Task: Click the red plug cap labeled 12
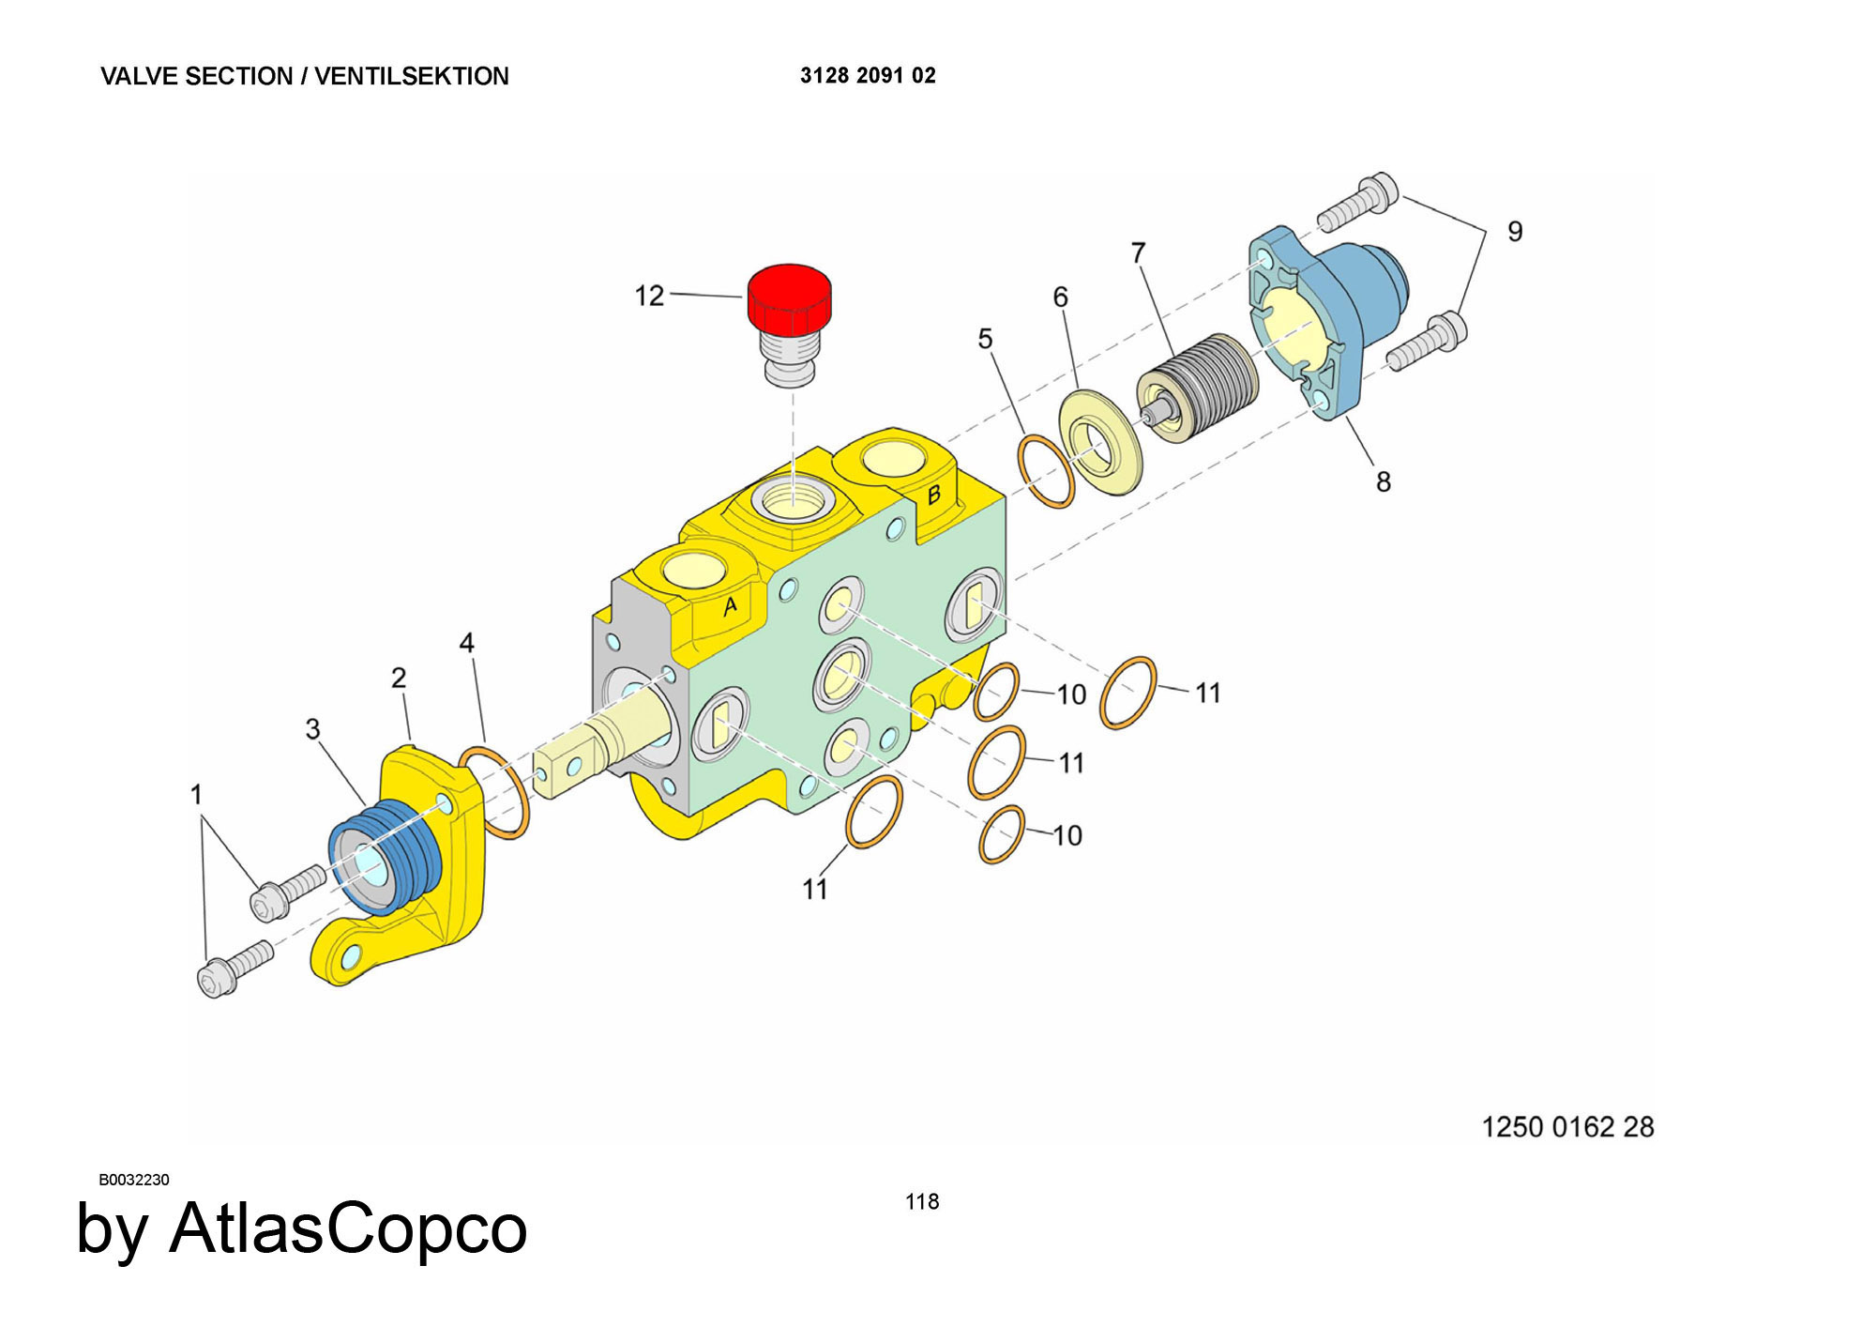pos(789,295)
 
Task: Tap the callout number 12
pos(649,297)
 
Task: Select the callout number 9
pos(1515,232)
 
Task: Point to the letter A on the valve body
pos(730,606)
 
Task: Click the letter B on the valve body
pos(933,495)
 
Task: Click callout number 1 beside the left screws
pos(196,795)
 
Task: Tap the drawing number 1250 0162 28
pos(1567,1127)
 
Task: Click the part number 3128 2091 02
pos(868,76)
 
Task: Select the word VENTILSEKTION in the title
pos(411,76)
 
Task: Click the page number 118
pos(922,1202)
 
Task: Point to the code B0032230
pos(134,1180)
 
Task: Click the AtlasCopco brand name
pos(348,1228)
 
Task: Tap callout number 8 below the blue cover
pos(1383,482)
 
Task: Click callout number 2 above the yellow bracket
pos(399,678)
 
